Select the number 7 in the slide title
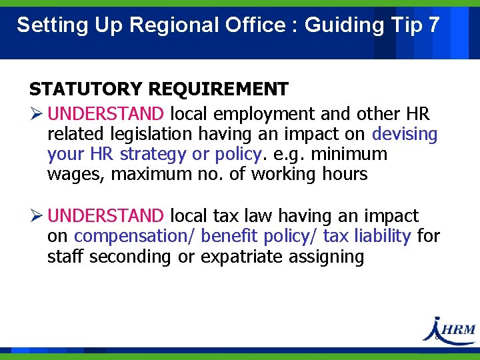pos(433,25)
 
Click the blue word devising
pos(405,134)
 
